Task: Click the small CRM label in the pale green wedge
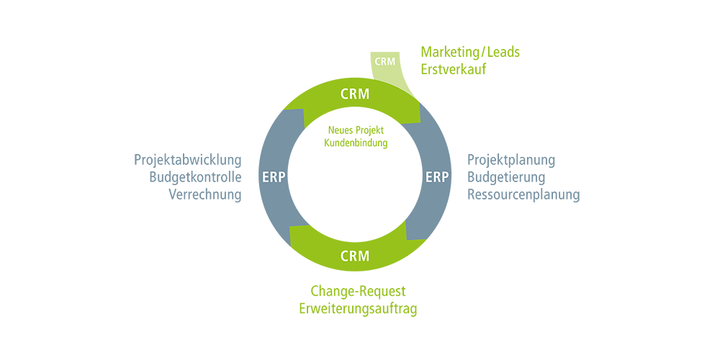click(385, 61)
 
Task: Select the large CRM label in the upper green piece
click(354, 94)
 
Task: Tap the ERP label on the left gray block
click(274, 177)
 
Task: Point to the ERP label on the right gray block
click(437, 177)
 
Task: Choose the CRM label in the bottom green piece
click(354, 256)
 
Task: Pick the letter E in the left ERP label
click(266, 177)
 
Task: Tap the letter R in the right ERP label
click(437, 177)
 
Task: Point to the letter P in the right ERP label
click(446, 177)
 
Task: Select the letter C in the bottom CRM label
click(344, 256)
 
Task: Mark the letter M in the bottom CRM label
click(364, 256)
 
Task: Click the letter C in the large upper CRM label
click(344, 94)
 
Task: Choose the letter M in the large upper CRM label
click(364, 94)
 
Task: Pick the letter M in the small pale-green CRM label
click(392, 61)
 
